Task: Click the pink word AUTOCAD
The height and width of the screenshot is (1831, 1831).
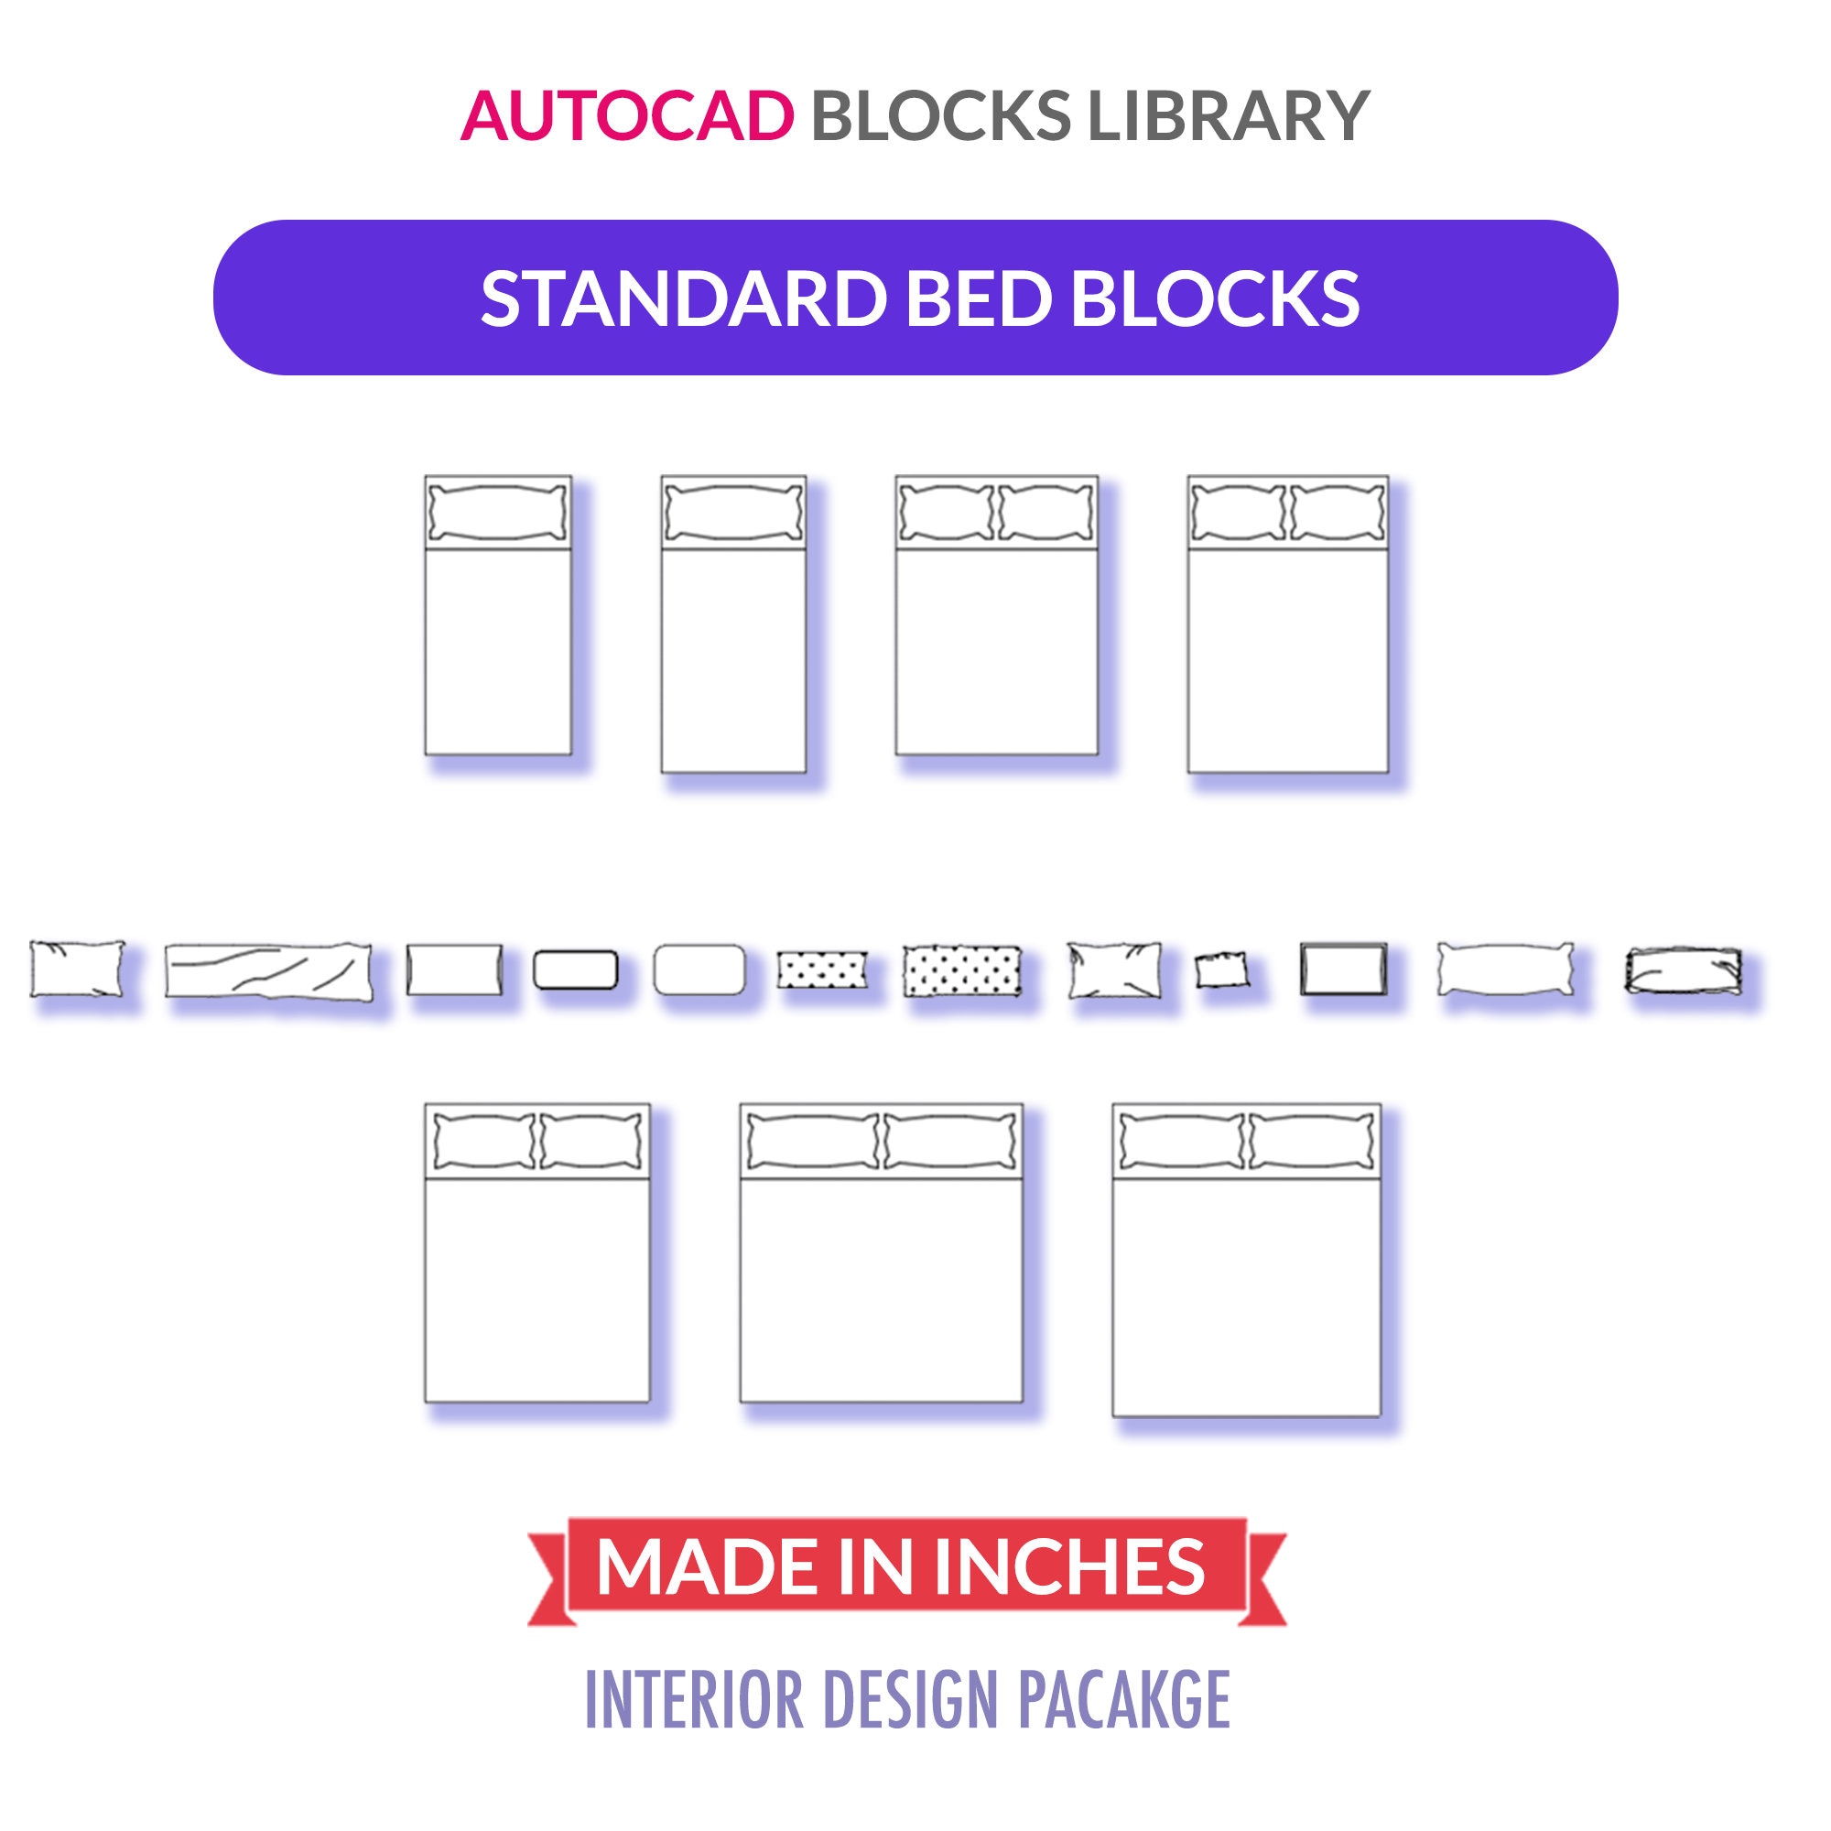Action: click(x=626, y=116)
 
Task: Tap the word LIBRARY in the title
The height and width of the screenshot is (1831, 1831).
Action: click(x=1229, y=116)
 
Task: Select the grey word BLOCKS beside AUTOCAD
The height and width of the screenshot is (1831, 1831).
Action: click(x=941, y=116)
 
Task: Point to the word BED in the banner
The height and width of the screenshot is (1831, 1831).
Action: click(x=978, y=298)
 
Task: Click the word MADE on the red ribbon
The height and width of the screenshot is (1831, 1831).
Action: click(x=705, y=1566)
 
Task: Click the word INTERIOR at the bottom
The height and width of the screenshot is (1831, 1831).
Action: click(x=694, y=1699)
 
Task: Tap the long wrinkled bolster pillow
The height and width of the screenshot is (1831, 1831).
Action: click(x=268, y=970)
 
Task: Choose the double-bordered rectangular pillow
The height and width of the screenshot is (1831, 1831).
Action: click(x=1343, y=970)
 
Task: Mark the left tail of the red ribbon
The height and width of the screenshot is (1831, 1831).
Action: click(x=550, y=1592)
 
